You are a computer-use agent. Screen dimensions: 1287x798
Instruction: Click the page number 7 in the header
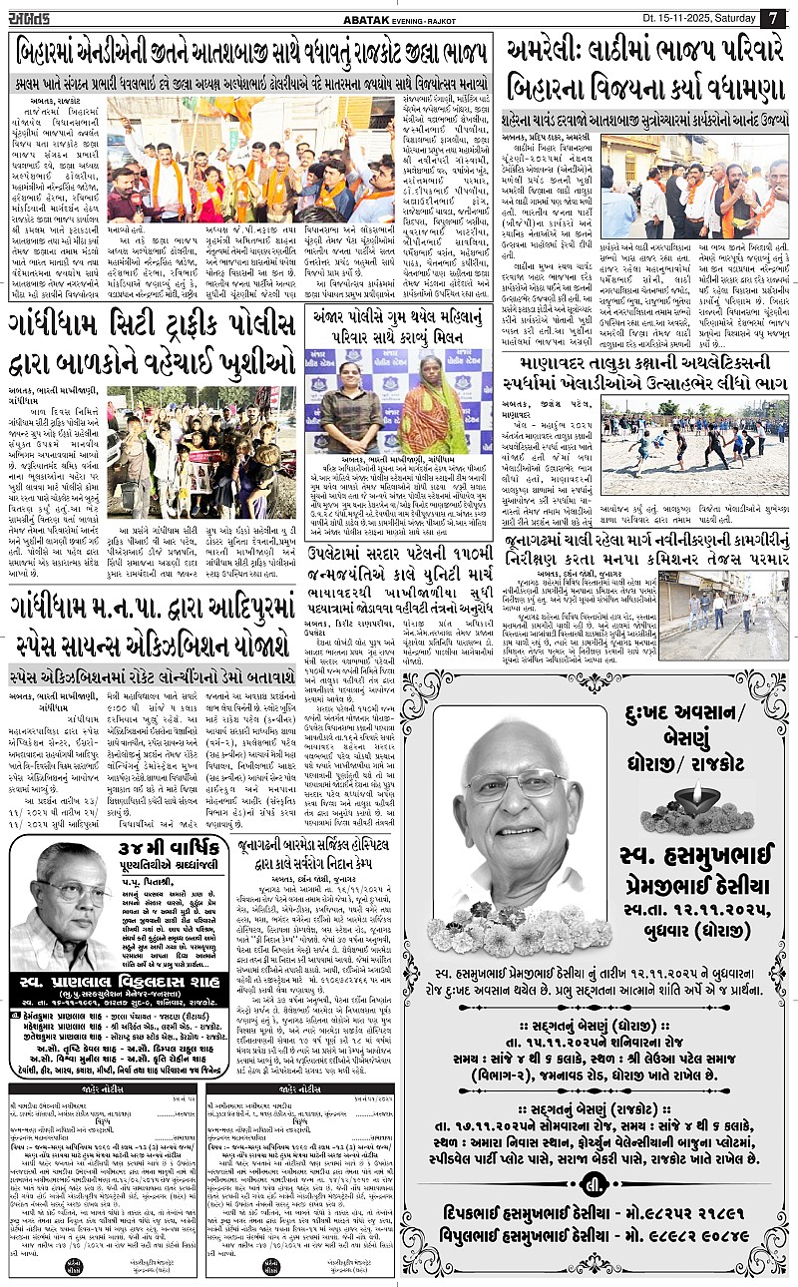(773, 17)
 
